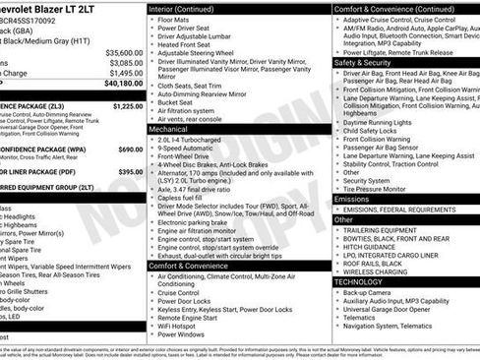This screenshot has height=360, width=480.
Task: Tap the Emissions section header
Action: tap(352, 199)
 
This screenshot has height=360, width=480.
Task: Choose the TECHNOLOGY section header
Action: tap(358, 281)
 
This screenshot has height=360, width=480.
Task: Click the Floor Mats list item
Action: tap(174, 19)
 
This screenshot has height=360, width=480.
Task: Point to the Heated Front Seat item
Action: tap(187, 45)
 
